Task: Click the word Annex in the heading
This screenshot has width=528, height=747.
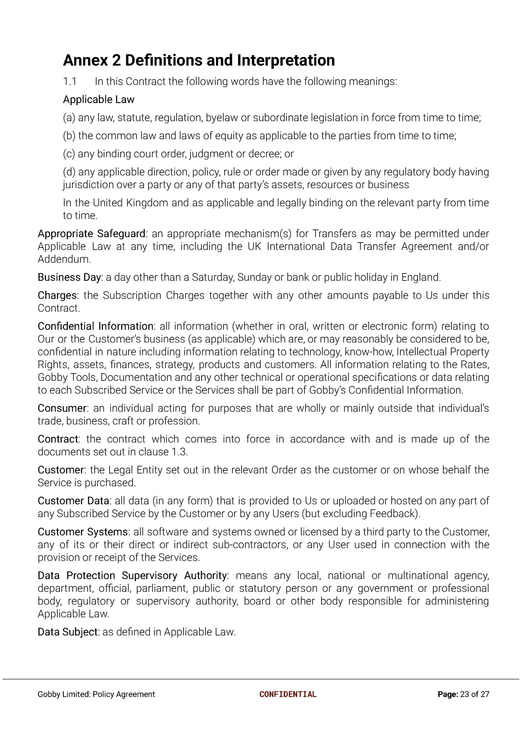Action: (85, 60)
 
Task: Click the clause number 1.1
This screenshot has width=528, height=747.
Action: (70, 81)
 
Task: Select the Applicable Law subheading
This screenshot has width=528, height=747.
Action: (98, 100)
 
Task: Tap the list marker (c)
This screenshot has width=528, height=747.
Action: (69, 154)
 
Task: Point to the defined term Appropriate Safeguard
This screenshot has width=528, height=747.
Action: (91, 234)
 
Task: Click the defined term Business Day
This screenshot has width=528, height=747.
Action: (69, 277)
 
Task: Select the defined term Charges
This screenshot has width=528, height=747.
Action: (57, 296)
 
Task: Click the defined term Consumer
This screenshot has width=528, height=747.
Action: (62, 409)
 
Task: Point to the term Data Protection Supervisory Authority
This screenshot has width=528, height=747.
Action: (132, 576)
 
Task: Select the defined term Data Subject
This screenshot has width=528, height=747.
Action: (68, 632)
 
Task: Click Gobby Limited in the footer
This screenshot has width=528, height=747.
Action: (64, 694)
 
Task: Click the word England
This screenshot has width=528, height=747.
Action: (420, 277)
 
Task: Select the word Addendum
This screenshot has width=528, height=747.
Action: (64, 259)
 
